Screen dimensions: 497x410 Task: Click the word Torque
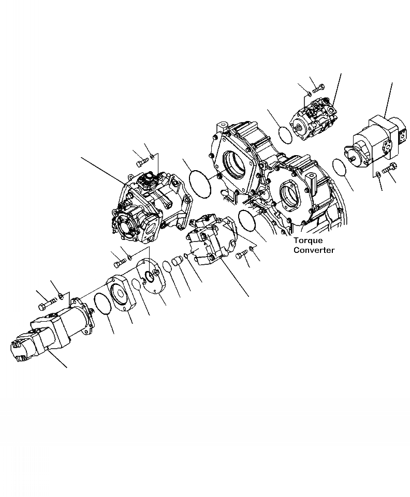(x=308, y=240)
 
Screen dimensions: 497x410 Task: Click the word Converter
(x=314, y=250)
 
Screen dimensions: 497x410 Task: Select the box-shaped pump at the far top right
(x=377, y=143)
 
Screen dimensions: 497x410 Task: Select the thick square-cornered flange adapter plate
(x=122, y=293)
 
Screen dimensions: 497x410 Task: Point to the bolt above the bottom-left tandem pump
(x=48, y=301)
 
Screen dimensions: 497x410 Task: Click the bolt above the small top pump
(x=317, y=89)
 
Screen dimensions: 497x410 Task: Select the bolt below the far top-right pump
(x=389, y=169)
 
